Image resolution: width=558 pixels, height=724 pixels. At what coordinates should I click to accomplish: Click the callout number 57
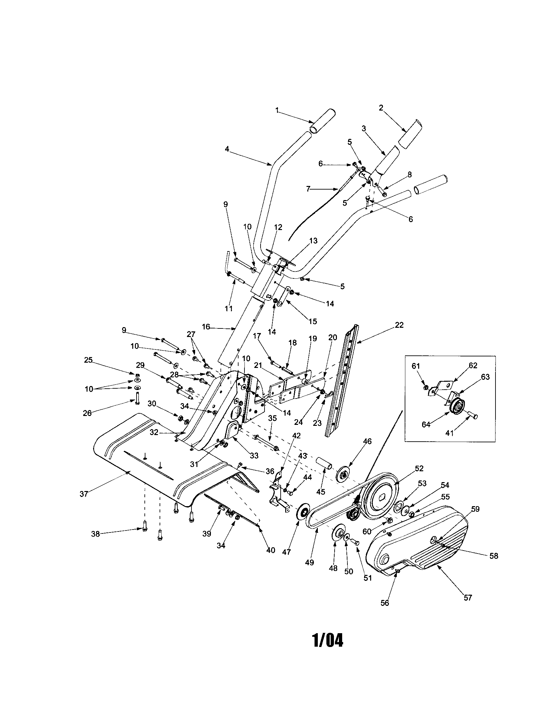pyautogui.click(x=468, y=598)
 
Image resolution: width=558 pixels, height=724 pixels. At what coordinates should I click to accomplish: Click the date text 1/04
pyautogui.click(x=328, y=640)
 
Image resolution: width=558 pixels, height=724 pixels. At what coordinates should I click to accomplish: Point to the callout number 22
pyautogui.click(x=399, y=325)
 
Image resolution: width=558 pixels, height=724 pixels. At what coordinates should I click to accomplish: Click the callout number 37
pyautogui.click(x=84, y=503)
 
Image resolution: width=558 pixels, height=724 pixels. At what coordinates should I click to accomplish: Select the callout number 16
pyautogui.click(x=206, y=327)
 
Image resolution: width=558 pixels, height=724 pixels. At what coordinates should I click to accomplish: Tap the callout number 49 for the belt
pyautogui.click(x=310, y=562)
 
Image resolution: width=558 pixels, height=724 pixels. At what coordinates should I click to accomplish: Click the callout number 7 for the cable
pyautogui.click(x=308, y=189)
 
